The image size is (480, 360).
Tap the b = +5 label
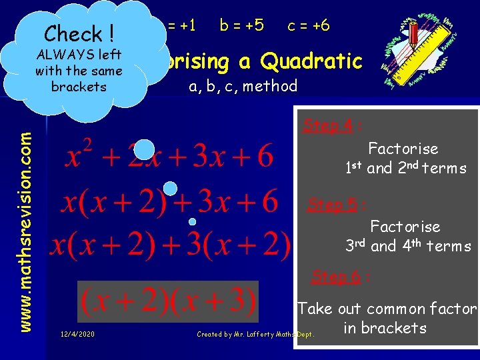241,25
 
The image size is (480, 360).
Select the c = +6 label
308,25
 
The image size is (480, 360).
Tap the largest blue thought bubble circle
144,149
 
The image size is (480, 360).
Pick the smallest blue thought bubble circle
192,221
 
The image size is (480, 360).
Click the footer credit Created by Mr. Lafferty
255,334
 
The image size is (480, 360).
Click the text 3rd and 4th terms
408,246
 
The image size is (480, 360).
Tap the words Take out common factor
387,309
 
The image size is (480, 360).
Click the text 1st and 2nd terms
405,168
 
